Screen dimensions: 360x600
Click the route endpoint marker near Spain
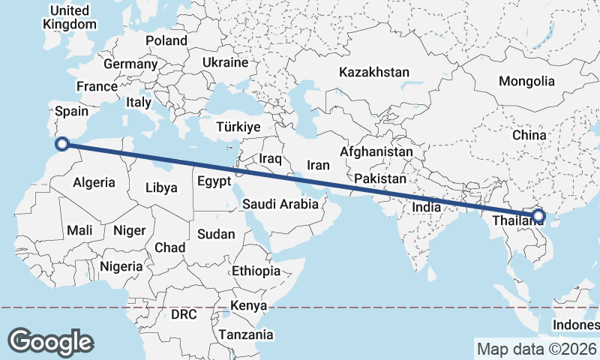[64, 143]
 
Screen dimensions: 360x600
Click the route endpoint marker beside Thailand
[538, 217]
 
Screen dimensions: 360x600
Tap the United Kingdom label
[70, 17]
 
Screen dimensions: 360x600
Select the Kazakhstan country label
[374, 73]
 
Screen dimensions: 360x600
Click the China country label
[529, 135]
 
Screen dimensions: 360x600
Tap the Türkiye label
[238, 127]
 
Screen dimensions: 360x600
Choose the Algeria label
[94, 182]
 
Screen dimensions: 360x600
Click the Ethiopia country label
[256, 271]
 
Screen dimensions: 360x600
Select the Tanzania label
[242, 334]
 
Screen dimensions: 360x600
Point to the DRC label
[183, 315]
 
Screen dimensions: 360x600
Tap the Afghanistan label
[376, 152]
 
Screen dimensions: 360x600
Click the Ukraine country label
[224, 62]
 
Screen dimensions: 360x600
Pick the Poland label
[166, 40]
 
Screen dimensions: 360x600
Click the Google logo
[50, 341]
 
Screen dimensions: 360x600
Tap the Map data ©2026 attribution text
[536, 349]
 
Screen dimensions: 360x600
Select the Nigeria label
[120, 266]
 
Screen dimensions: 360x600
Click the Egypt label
[216, 182]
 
